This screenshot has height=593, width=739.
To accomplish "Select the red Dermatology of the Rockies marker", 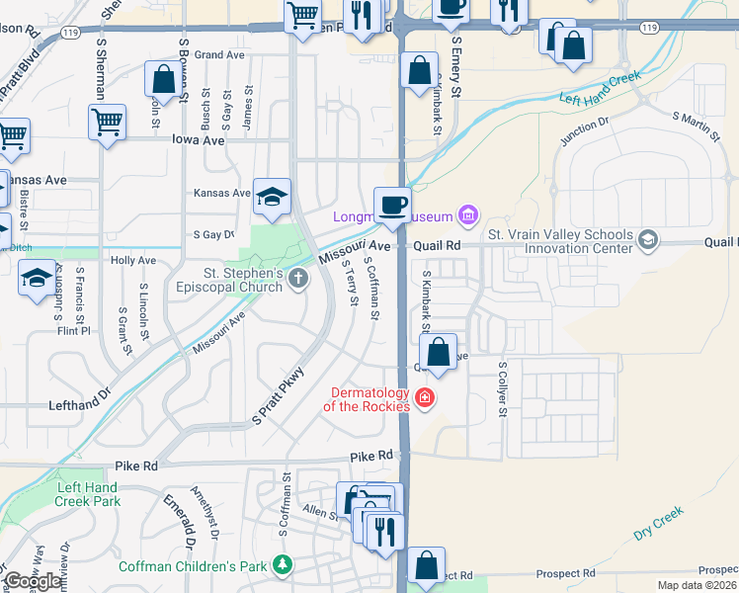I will pos(425,398).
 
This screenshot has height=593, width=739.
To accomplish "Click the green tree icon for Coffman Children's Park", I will pos(284,565).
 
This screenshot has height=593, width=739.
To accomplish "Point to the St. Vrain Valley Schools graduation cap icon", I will pos(647,240).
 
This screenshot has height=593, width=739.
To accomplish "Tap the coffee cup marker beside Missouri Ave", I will pos(392,206).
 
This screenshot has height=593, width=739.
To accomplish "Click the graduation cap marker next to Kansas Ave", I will pos(272,196).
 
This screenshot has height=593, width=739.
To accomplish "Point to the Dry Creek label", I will pos(659,523).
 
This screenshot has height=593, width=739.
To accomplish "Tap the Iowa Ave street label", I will pos(199,141).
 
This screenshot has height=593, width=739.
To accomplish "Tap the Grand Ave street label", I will pos(219,55).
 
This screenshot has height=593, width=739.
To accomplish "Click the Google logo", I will pos(33,581).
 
